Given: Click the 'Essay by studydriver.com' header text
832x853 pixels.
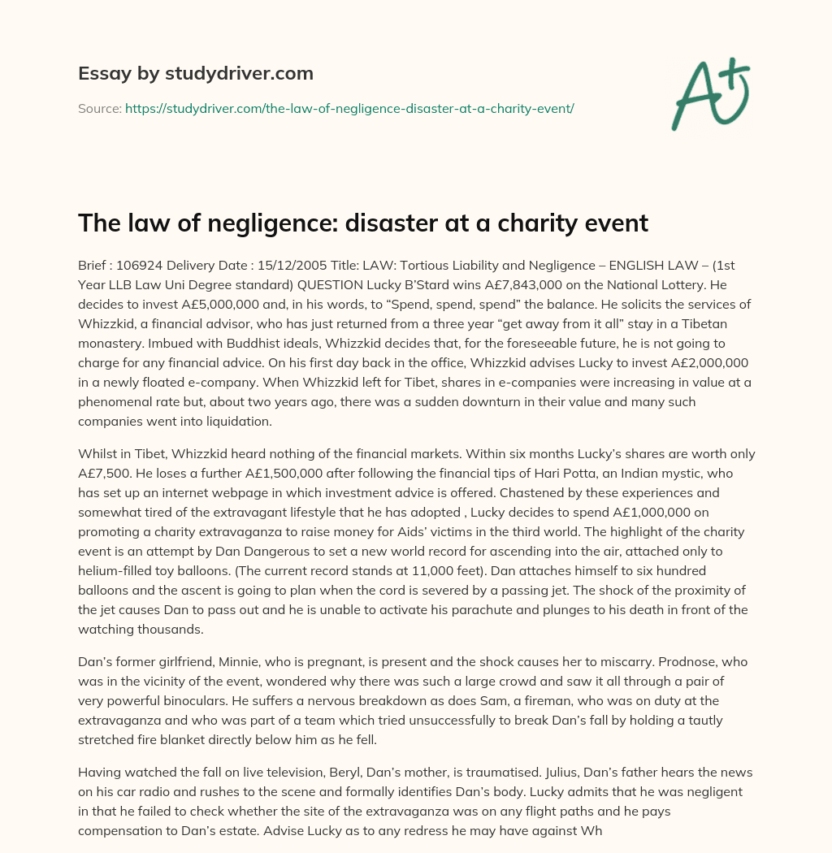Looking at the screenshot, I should (195, 73).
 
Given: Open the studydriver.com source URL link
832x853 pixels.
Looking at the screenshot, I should (349, 108).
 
